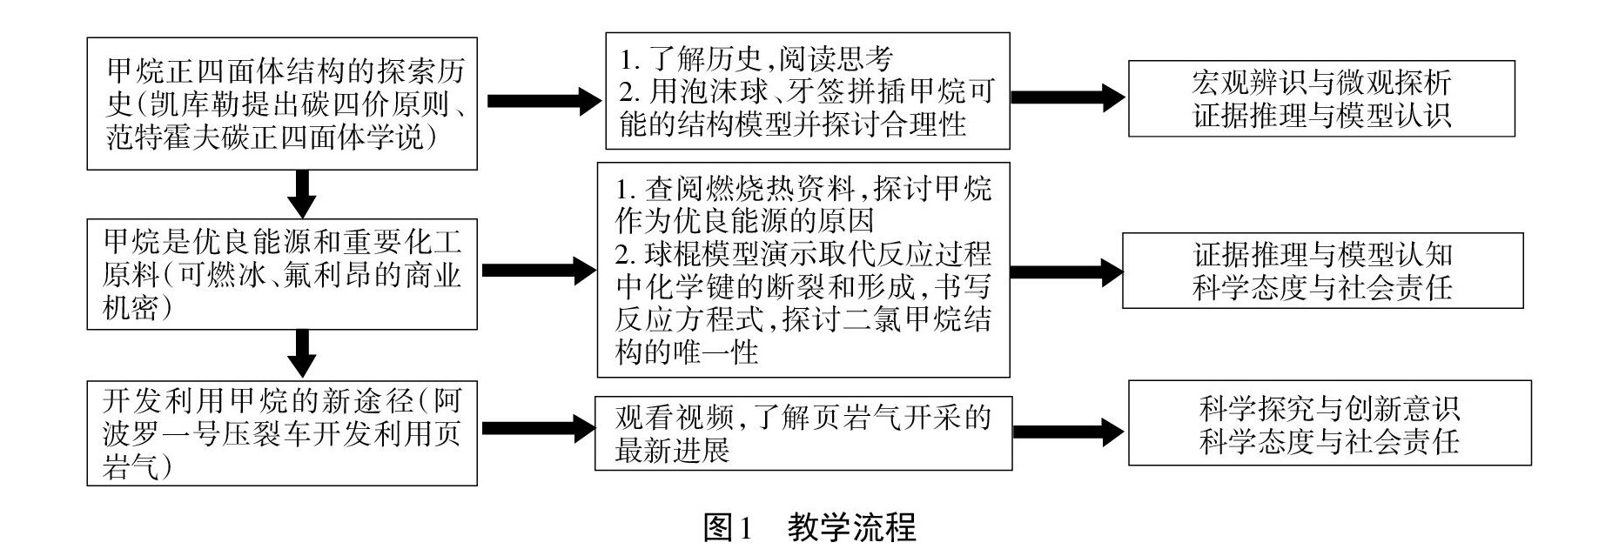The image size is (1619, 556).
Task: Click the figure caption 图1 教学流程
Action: click(x=809, y=528)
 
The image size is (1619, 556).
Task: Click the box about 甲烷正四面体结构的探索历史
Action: click(x=282, y=104)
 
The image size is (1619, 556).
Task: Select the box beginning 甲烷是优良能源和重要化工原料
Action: click(x=282, y=274)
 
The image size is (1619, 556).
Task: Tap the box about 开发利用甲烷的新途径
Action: click(x=282, y=432)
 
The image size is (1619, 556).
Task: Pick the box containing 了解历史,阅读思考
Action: click(x=807, y=90)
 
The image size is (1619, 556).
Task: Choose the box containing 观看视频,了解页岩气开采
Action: click(x=803, y=433)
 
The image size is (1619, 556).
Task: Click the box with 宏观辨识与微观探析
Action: click(x=1320, y=98)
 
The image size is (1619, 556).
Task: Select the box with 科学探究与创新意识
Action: click(x=1329, y=423)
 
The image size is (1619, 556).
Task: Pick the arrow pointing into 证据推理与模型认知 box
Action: click(x=1066, y=272)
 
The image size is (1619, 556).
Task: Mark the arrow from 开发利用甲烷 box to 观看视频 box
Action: click(x=536, y=428)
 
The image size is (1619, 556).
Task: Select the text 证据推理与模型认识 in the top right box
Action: click(x=1320, y=116)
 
